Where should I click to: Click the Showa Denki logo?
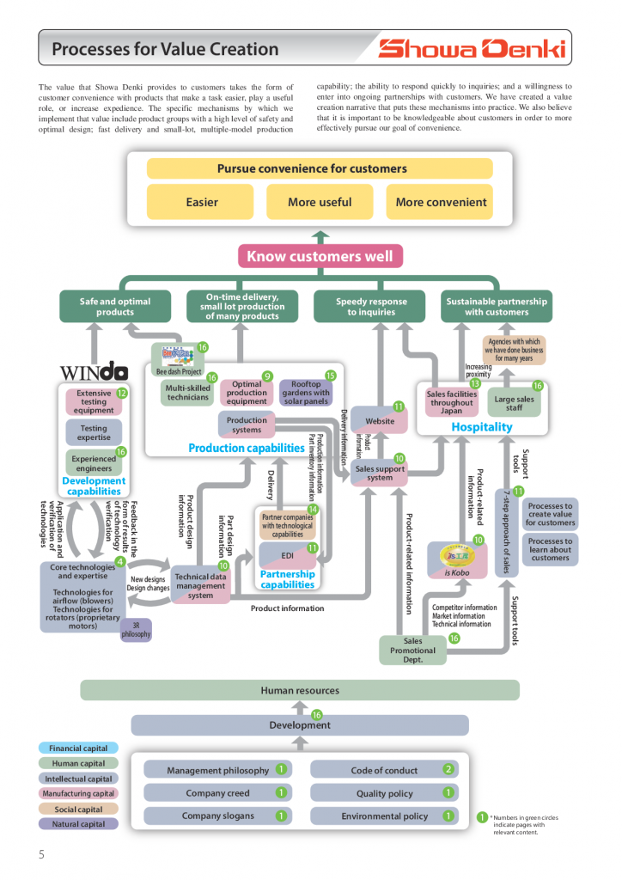473,49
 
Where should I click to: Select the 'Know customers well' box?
320,256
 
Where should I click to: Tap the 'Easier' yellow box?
202,203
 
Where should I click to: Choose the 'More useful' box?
320,203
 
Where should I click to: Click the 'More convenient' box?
441,203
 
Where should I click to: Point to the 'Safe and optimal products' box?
115,307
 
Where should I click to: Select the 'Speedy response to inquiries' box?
371,307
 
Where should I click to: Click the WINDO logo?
94,372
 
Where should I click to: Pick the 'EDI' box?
287,555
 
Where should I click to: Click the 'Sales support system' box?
379,473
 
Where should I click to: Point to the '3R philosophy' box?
136,630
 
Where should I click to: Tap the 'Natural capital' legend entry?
79,824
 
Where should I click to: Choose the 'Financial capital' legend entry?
79,749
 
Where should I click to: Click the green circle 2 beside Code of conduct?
448,769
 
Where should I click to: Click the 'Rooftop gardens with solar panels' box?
305,393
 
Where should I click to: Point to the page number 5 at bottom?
41,854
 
